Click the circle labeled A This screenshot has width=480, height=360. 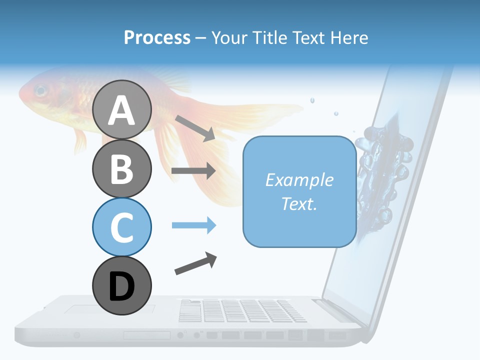121,109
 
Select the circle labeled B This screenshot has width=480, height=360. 121,168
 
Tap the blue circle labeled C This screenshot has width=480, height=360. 121,227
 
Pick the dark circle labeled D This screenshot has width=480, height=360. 121,286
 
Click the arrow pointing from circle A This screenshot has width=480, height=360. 194,127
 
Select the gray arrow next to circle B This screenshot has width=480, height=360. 193,171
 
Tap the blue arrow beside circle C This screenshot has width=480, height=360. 193,225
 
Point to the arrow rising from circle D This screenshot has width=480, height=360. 195,263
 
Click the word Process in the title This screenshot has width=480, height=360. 157,38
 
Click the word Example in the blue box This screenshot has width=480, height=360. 299,180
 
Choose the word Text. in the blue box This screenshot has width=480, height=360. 299,203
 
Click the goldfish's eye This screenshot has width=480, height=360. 40,91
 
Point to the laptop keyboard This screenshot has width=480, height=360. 242,310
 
